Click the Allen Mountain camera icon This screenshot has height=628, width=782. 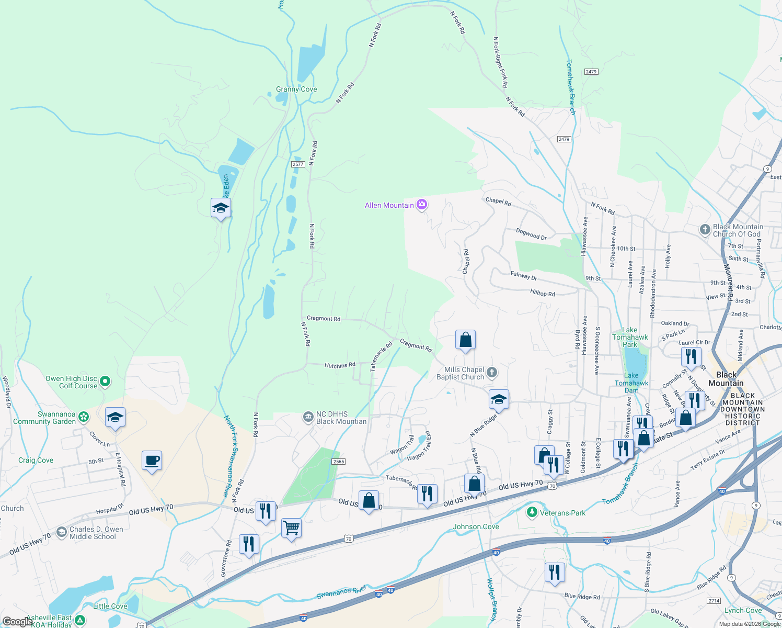click(422, 205)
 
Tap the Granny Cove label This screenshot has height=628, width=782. click(296, 89)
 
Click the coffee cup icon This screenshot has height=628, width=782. click(152, 461)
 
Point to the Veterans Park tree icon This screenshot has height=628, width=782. click(532, 512)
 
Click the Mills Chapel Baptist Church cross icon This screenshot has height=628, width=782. click(491, 373)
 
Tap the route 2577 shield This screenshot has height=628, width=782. click(298, 164)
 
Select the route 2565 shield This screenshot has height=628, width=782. click(338, 462)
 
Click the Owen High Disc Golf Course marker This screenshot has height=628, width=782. click(105, 382)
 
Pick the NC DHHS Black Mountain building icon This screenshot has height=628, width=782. click(308, 417)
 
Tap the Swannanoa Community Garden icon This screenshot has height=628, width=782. click(84, 417)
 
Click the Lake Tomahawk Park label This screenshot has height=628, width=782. click(630, 337)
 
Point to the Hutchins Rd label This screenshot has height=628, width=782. click(340, 365)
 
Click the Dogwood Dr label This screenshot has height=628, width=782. click(531, 234)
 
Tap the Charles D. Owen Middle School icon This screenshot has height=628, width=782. click(62, 532)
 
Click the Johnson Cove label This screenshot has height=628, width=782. click(476, 526)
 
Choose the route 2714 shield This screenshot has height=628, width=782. click(714, 601)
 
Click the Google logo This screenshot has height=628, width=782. click(18, 622)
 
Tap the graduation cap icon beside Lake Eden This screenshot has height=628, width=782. click(221, 208)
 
